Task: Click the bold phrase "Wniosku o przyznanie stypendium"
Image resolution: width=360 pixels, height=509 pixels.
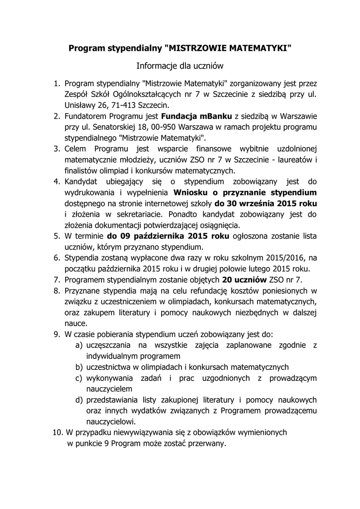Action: [245, 192]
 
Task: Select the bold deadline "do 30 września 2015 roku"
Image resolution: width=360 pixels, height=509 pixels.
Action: [266, 203]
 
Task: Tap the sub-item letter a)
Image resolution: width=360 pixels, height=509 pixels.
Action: [79, 345]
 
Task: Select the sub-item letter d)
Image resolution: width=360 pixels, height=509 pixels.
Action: [79, 400]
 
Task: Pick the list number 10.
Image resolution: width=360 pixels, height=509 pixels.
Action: [58, 432]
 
